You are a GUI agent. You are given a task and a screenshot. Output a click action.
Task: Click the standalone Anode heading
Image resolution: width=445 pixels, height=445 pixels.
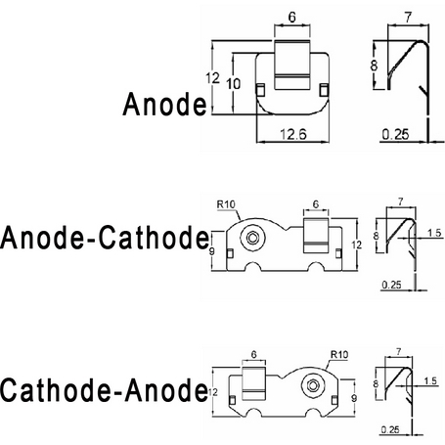tap(164, 104)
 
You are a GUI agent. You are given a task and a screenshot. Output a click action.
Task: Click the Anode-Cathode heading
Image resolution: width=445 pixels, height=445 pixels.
tap(105, 238)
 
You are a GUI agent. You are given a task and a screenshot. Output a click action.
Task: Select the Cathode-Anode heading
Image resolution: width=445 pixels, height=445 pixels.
tap(104, 390)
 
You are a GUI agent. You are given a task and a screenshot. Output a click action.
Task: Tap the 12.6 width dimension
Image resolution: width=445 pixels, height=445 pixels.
tap(293, 134)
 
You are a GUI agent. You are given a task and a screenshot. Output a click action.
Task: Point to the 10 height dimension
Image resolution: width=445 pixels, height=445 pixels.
tap(234, 84)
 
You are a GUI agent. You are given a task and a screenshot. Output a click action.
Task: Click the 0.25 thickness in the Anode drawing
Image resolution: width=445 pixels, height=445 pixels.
tap(395, 134)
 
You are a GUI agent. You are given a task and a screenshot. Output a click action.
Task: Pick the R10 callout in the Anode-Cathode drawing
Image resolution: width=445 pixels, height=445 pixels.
tap(226, 204)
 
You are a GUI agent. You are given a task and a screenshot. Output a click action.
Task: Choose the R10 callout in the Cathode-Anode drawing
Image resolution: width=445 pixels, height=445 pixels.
tap(339, 354)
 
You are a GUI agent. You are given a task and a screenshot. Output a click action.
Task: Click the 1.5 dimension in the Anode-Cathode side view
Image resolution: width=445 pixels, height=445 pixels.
tap(434, 233)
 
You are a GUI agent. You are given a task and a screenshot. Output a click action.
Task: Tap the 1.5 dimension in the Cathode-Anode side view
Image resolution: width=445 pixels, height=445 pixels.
tap(430, 380)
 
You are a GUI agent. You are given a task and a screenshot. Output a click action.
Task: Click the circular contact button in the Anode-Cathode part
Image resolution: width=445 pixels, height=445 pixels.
tap(252, 238)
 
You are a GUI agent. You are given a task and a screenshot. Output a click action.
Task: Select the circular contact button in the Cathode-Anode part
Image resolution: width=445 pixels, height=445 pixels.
tap(313, 385)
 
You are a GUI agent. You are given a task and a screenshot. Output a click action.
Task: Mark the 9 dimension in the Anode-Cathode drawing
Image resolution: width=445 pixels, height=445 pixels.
tap(212, 252)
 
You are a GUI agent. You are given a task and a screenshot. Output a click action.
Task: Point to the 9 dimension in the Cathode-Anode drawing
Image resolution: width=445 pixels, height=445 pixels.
tap(354, 398)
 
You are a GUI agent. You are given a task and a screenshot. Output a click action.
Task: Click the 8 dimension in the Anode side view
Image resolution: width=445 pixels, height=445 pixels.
tap(374, 66)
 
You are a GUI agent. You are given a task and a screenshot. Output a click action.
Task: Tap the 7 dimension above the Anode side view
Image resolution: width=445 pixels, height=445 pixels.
tap(408, 18)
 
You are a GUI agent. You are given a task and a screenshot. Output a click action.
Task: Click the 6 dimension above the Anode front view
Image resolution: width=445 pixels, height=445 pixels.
tap(292, 17)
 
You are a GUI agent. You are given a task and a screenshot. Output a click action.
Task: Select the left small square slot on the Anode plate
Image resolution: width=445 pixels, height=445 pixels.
tap(260, 90)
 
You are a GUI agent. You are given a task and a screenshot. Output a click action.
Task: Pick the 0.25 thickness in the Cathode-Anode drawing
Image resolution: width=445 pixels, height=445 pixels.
tap(390, 429)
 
